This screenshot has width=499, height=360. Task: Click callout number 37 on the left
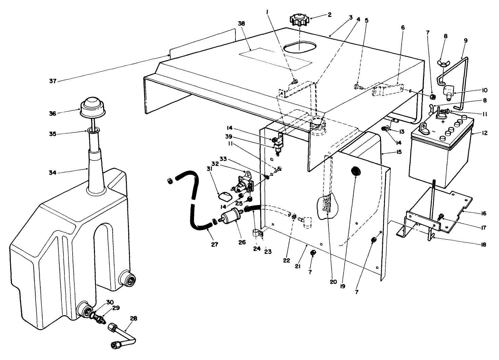pyautogui.click(x=53, y=81)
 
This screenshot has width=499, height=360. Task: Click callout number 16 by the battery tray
pyautogui.click(x=483, y=214)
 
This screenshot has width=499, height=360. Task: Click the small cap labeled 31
pyautogui.click(x=224, y=196)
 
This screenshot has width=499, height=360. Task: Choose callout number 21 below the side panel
pyautogui.click(x=298, y=266)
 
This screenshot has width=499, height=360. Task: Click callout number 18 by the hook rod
pyautogui.click(x=483, y=244)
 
